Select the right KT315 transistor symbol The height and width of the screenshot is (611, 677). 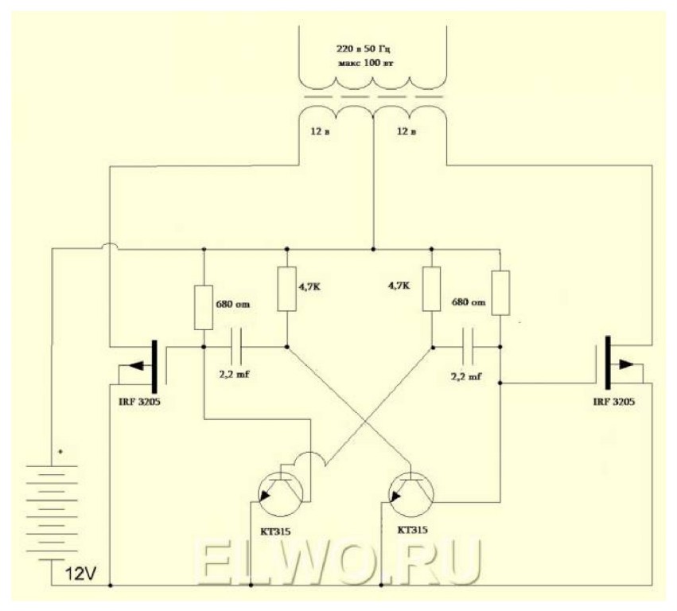click(x=410, y=494)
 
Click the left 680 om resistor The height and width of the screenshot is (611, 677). click(x=204, y=307)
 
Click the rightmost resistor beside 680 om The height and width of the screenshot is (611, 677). click(x=500, y=293)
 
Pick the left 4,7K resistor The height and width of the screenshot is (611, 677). click(x=287, y=289)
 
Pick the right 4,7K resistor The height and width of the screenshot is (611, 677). click(x=431, y=289)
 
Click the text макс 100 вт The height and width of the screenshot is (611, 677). click(x=367, y=62)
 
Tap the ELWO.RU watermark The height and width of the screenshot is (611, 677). click(x=338, y=562)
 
